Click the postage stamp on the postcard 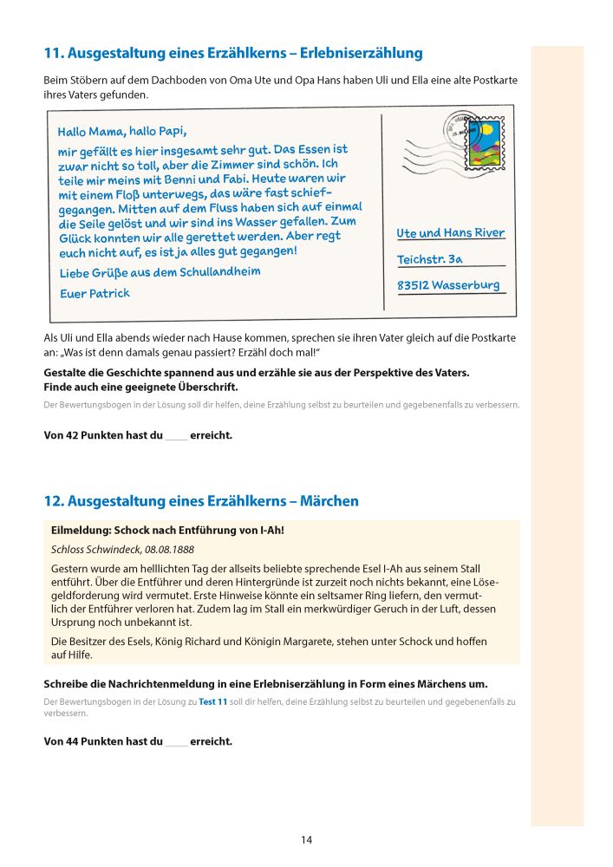(485, 145)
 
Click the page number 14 (306, 839)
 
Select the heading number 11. (51, 54)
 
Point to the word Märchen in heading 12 (328, 501)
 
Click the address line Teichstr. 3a (430, 259)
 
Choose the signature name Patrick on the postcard (109, 293)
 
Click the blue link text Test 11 (212, 701)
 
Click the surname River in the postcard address (486, 233)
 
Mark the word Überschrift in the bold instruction (203, 387)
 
